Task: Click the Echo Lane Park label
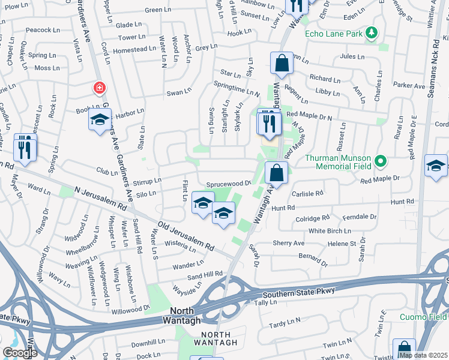point(334,34)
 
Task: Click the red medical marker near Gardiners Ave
point(99,89)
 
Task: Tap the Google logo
point(20,353)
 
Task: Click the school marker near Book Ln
point(100,121)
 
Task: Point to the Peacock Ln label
point(40,29)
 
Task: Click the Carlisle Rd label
point(307,194)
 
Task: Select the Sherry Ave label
point(289,243)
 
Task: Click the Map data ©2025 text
point(424,355)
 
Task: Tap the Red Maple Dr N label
point(312,114)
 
